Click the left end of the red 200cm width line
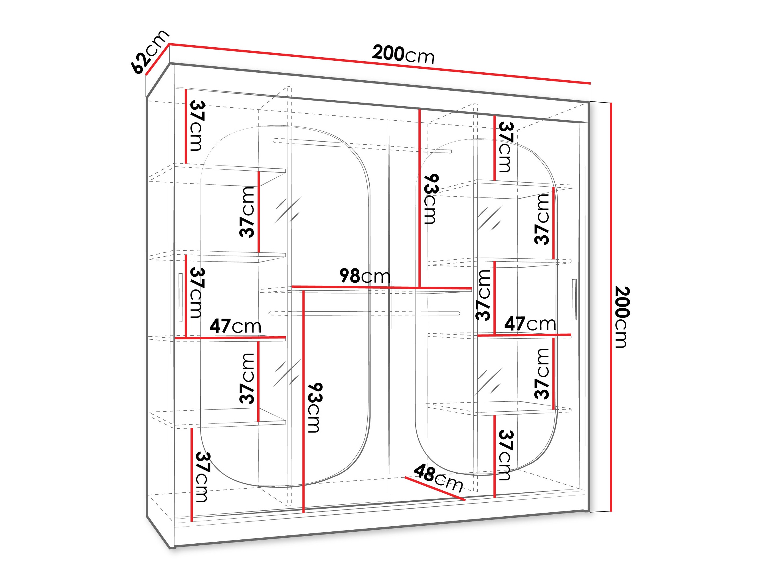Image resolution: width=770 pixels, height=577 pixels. pos(169,44)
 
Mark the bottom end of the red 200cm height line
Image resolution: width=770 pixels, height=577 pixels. pos(611,511)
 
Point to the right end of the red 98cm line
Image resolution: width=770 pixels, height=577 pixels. pos(472,289)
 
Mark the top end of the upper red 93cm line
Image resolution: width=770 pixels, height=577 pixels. pos(420,110)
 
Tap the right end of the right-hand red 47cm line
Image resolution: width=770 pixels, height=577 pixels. pos(571,335)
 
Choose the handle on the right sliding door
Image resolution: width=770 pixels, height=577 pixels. pos(574,299)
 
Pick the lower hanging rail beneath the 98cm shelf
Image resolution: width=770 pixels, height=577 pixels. pos(364,313)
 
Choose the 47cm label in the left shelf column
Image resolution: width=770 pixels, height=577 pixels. pos(235,326)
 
